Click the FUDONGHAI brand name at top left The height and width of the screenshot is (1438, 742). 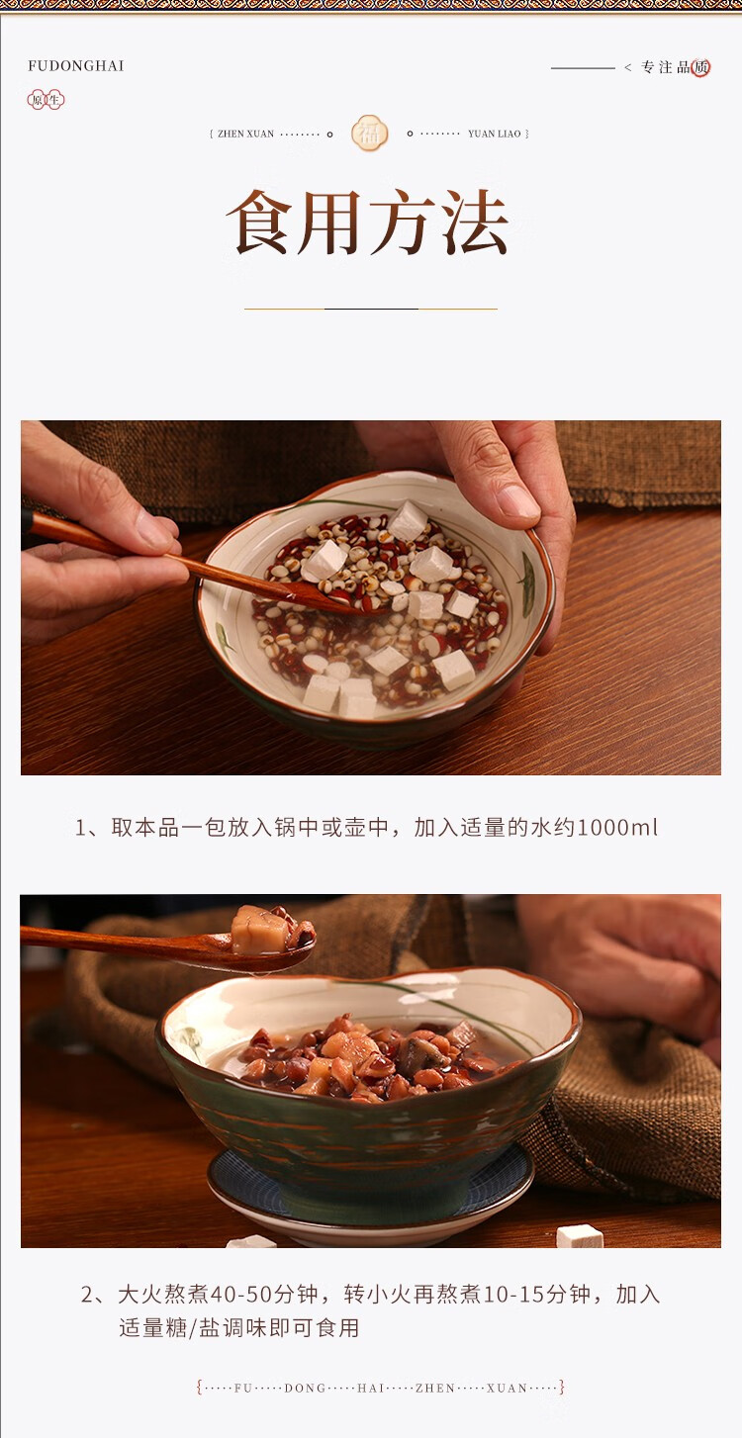[x=76, y=65]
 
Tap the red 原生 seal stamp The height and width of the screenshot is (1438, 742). [x=46, y=100]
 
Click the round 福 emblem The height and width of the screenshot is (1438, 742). [x=369, y=134]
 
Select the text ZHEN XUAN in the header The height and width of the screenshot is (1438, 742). [x=245, y=134]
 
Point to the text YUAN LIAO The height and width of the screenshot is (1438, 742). [x=494, y=134]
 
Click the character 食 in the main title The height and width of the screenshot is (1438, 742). [x=260, y=223]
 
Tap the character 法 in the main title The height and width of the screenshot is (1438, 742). [x=476, y=223]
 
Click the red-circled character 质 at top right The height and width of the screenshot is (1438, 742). [x=700, y=67]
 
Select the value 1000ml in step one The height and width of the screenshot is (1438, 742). [x=617, y=828]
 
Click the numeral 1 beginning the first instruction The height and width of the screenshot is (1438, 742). [x=80, y=828]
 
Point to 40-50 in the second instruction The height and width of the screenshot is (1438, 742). [x=241, y=1294]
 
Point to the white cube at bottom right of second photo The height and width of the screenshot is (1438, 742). [x=580, y=1236]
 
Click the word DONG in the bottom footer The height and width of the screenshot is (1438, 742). [x=305, y=1388]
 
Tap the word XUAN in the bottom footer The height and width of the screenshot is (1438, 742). [x=507, y=1388]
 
